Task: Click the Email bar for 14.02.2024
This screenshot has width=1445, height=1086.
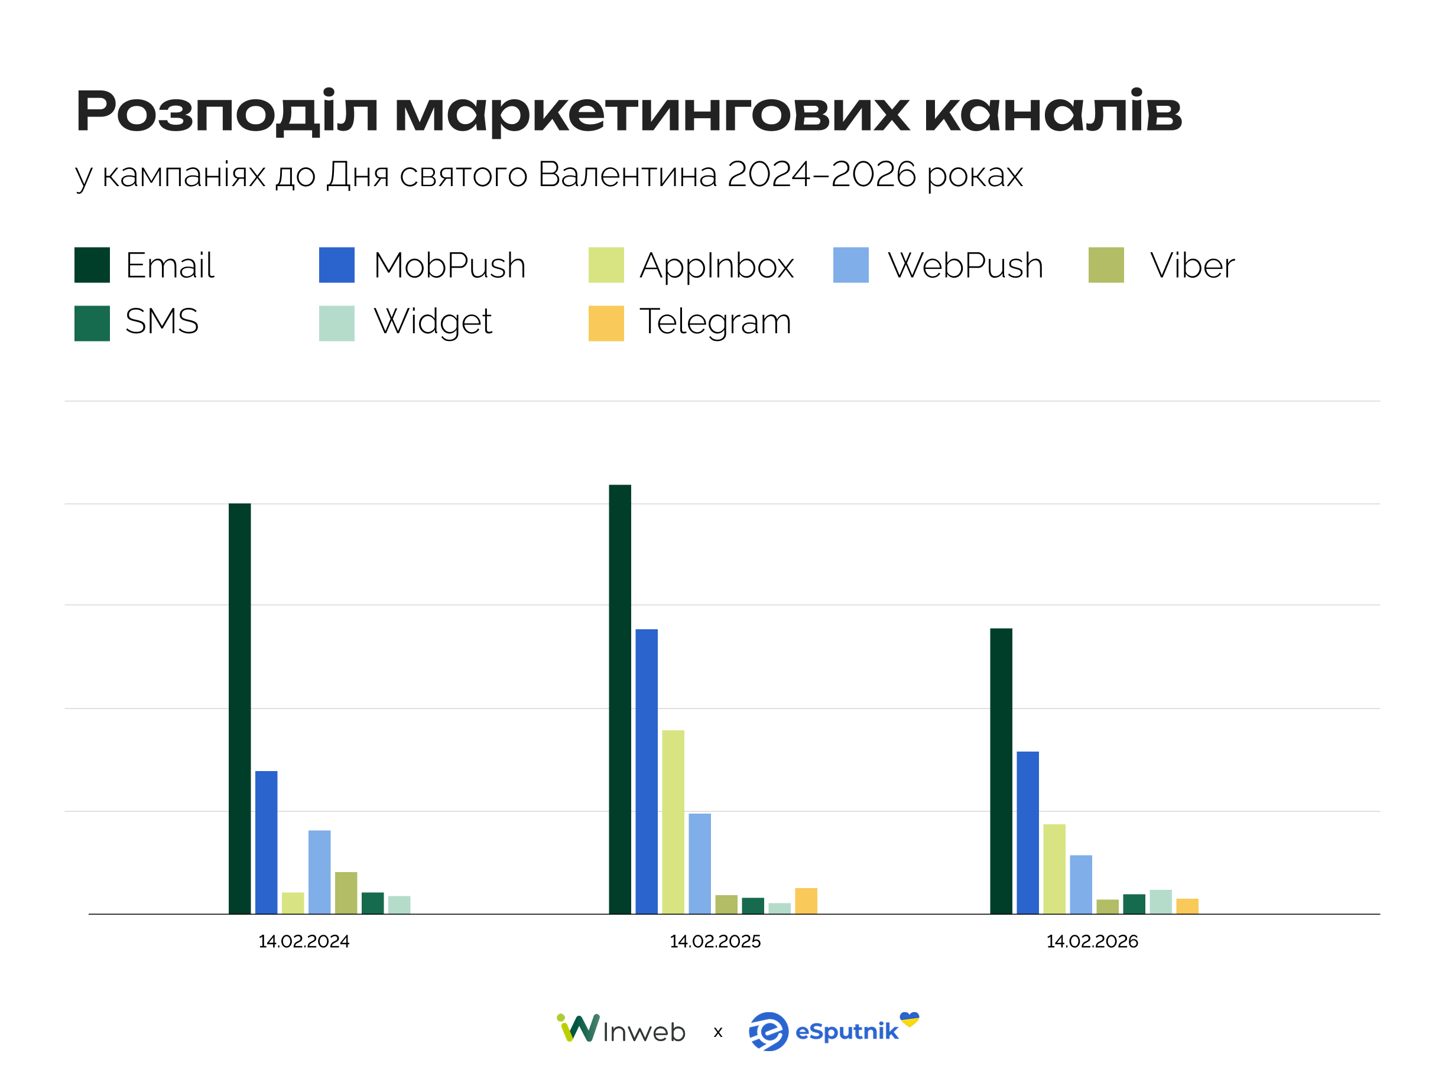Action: [x=240, y=708]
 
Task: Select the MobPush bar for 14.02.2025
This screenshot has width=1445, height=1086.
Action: [x=647, y=771]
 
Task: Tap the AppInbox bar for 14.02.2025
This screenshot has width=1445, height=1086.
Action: [x=673, y=821]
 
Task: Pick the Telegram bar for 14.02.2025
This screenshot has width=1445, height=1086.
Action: [x=806, y=900]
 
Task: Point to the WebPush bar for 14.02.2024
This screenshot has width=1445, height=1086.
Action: [x=320, y=872]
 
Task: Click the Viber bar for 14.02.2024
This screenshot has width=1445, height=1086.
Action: [x=346, y=893]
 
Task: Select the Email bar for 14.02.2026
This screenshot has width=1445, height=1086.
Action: [x=1001, y=770]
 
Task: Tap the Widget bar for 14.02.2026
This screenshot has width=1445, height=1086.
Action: [x=1161, y=902]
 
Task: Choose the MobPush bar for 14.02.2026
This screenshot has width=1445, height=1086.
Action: [x=1028, y=833]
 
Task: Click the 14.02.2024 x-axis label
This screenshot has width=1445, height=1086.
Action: [x=304, y=942]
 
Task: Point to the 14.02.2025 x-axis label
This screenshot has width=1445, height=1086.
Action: [x=715, y=942]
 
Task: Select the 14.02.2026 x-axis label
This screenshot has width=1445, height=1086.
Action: [x=1092, y=942]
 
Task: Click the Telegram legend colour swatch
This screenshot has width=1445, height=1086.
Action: [x=606, y=323]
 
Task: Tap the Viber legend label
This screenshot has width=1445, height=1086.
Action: [x=1192, y=266]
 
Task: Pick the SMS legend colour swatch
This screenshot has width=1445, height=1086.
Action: [x=92, y=323]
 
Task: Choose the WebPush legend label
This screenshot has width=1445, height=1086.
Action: [x=966, y=266]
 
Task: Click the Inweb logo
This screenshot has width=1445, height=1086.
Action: [x=621, y=1030]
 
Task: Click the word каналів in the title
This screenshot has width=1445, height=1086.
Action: [x=1053, y=112]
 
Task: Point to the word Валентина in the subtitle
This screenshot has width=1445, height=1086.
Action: [x=628, y=175]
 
